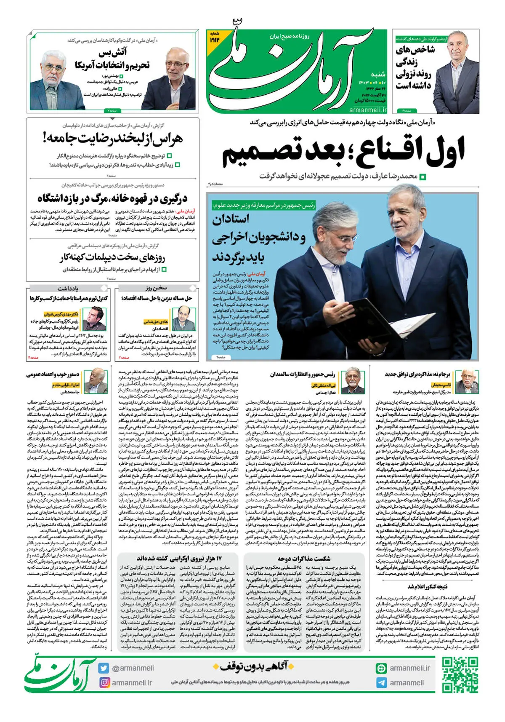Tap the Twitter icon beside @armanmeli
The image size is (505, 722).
point(104,668)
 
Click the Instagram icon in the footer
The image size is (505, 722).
point(104,682)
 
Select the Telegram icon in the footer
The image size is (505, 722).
point(381,683)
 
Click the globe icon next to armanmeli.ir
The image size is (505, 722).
point(381,668)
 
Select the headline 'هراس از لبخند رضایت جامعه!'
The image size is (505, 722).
point(113,138)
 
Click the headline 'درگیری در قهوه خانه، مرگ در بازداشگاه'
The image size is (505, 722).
point(112,198)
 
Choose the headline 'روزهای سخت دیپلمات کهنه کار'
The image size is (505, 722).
point(112,257)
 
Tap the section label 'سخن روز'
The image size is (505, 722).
point(156,288)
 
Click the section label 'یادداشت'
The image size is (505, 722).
point(68,288)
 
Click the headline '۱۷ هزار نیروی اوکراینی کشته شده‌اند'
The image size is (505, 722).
point(179,559)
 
